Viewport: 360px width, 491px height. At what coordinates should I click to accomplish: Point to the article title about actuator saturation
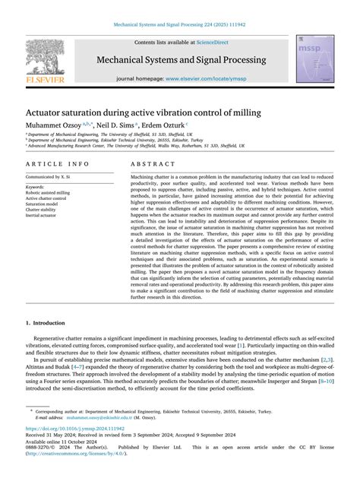[x=144, y=112]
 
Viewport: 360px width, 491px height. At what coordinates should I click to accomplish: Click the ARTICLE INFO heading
[x=58, y=164]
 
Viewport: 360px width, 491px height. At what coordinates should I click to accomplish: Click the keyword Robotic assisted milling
[x=48, y=193]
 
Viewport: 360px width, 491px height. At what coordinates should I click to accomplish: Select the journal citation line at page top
[x=180, y=25]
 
